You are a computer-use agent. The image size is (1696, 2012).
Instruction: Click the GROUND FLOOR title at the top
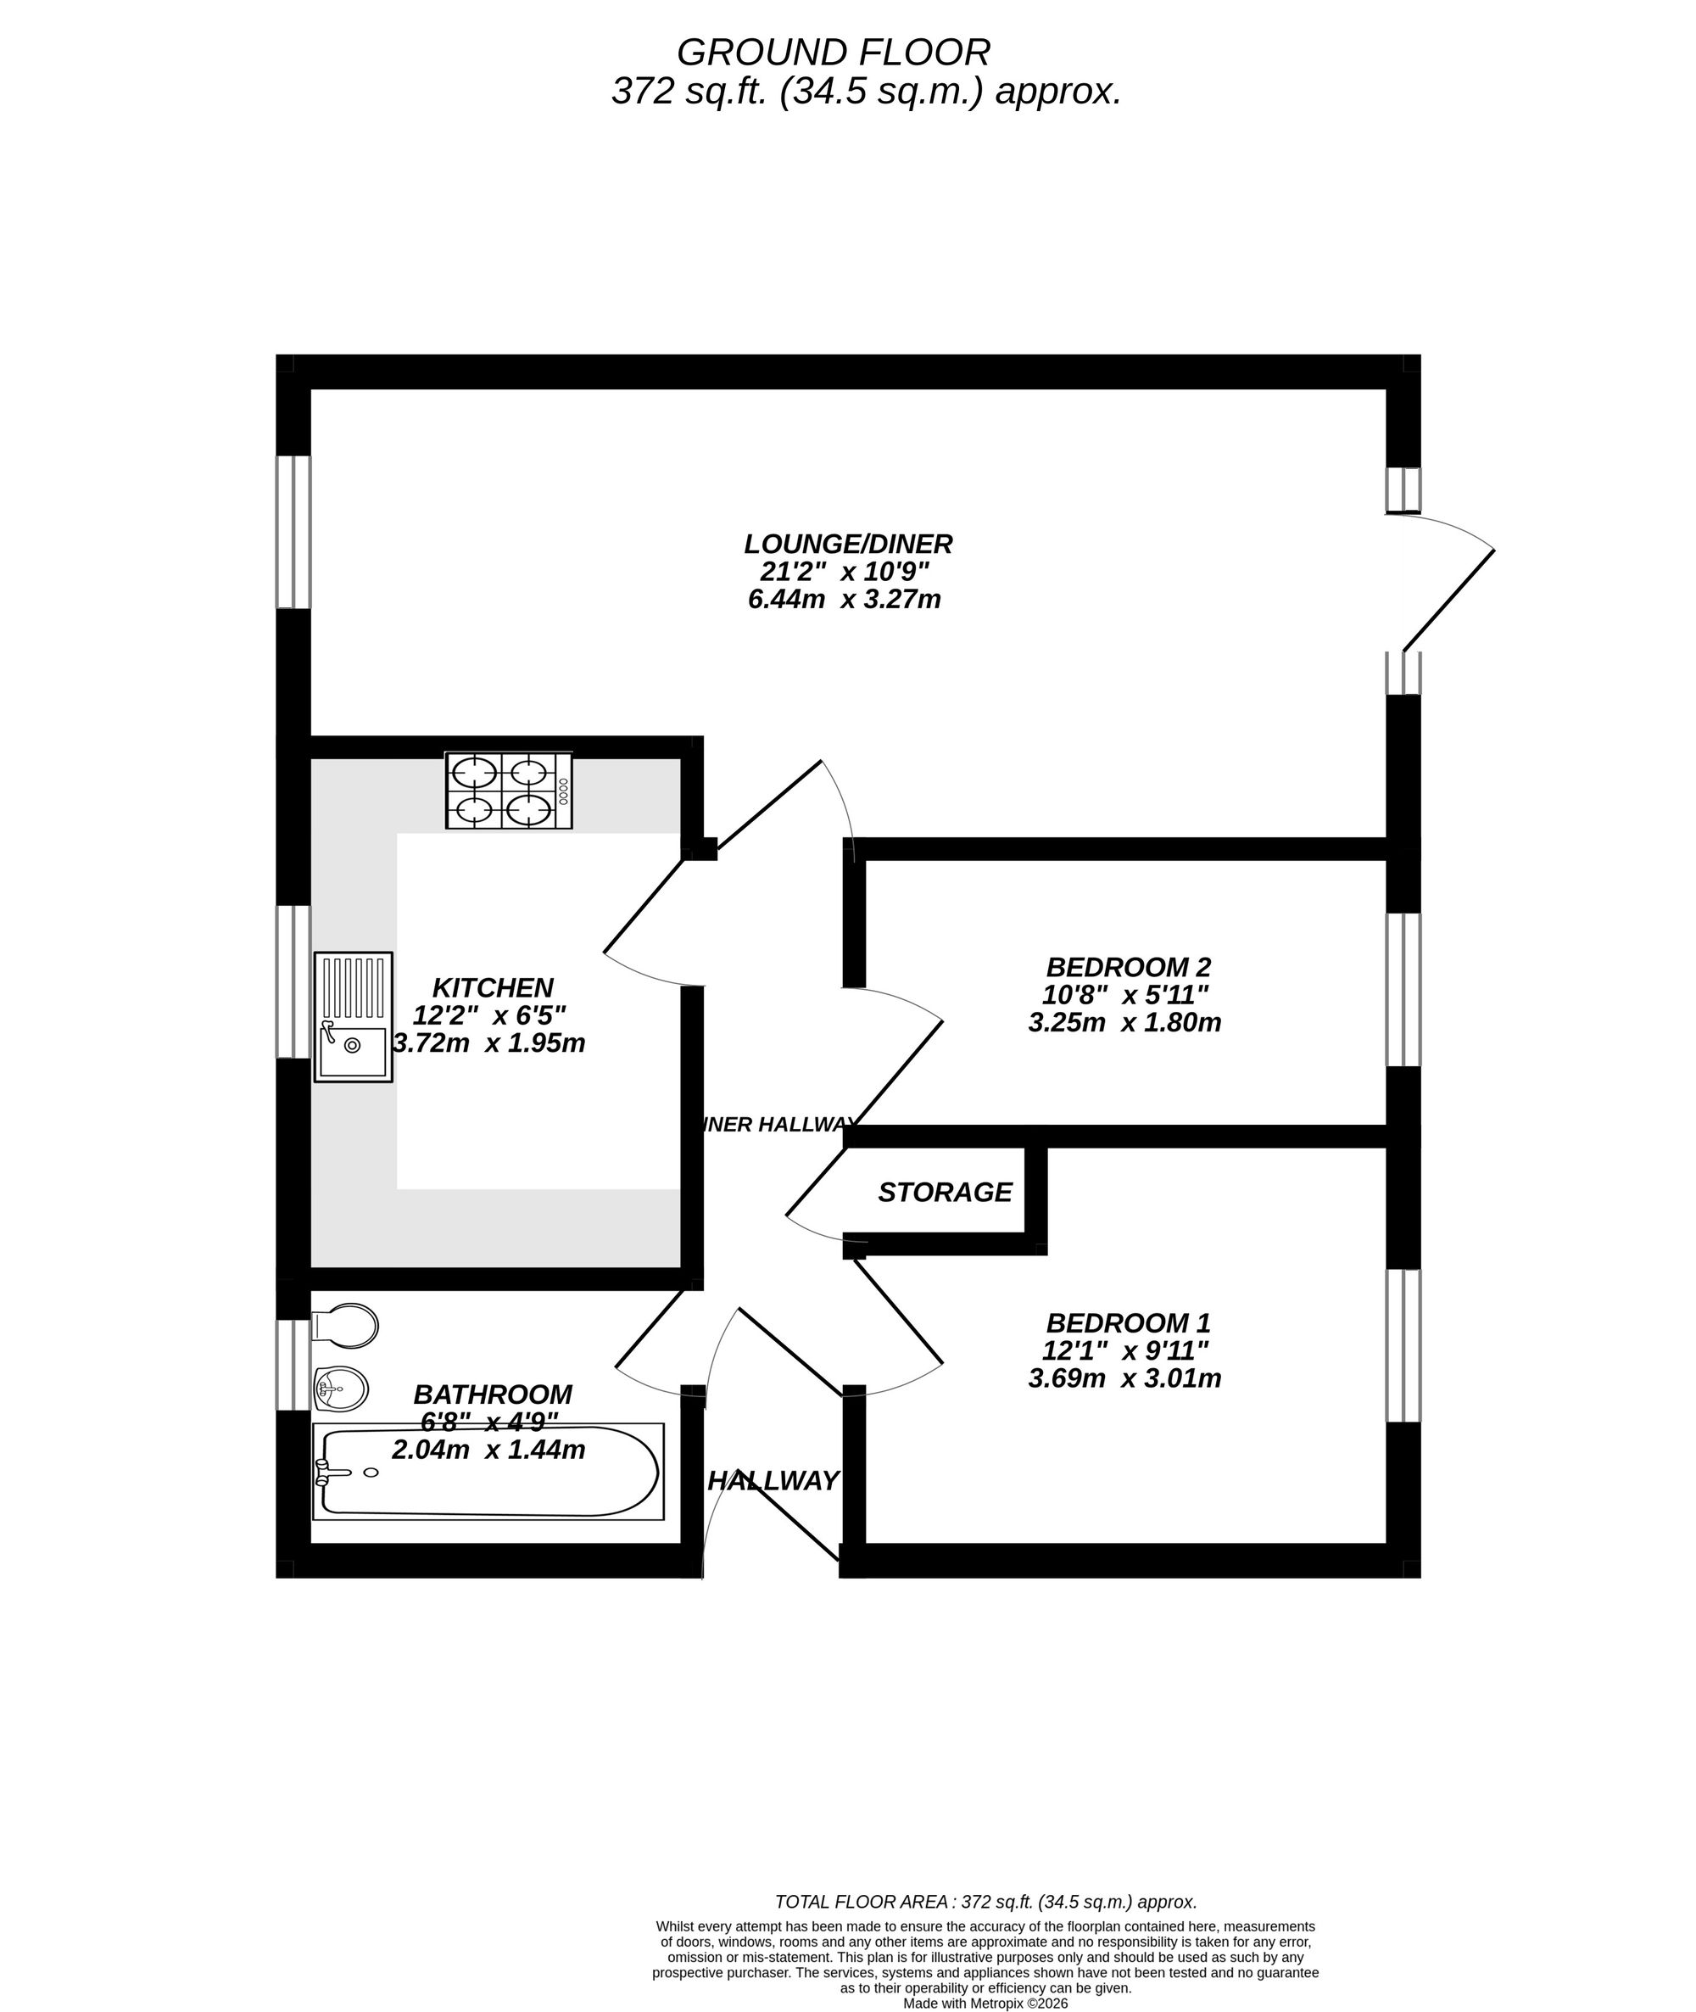click(833, 52)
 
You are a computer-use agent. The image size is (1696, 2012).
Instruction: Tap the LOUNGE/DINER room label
click(848, 545)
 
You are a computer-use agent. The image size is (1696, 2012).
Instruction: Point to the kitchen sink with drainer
click(354, 1016)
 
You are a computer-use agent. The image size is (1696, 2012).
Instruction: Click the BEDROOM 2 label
click(1128, 967)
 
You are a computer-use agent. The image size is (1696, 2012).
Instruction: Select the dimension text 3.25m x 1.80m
click(1125, 1022)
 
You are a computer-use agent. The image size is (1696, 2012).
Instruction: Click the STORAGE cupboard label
click(944, 1193)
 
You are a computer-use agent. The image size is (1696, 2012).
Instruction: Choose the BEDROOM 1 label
click(1128, 1323)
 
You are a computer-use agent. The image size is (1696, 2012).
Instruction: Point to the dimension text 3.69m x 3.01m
click(1125, 1379)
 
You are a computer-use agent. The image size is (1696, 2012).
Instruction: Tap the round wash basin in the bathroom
click(341, 1389)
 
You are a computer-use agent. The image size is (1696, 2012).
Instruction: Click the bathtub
click(488, 1473)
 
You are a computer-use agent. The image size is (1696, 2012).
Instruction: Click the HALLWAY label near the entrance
click(773, 1482)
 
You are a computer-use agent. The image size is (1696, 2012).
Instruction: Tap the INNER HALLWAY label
click(778, 1124)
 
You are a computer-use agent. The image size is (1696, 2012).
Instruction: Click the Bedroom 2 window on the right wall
click(1403, 990)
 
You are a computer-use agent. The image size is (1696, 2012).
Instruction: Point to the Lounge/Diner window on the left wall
click(293, 532)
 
